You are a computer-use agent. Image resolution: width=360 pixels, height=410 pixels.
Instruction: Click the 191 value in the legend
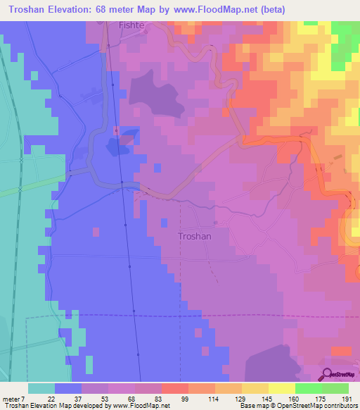348,398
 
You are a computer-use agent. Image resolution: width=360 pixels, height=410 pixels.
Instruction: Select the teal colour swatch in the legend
41,388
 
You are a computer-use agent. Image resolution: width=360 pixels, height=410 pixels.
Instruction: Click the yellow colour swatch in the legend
282,388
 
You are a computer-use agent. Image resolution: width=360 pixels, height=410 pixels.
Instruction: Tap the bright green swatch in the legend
309,388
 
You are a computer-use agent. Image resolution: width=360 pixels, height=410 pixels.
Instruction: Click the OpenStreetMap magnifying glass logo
327,374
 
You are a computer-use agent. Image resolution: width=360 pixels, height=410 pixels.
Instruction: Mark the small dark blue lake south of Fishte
116,147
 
